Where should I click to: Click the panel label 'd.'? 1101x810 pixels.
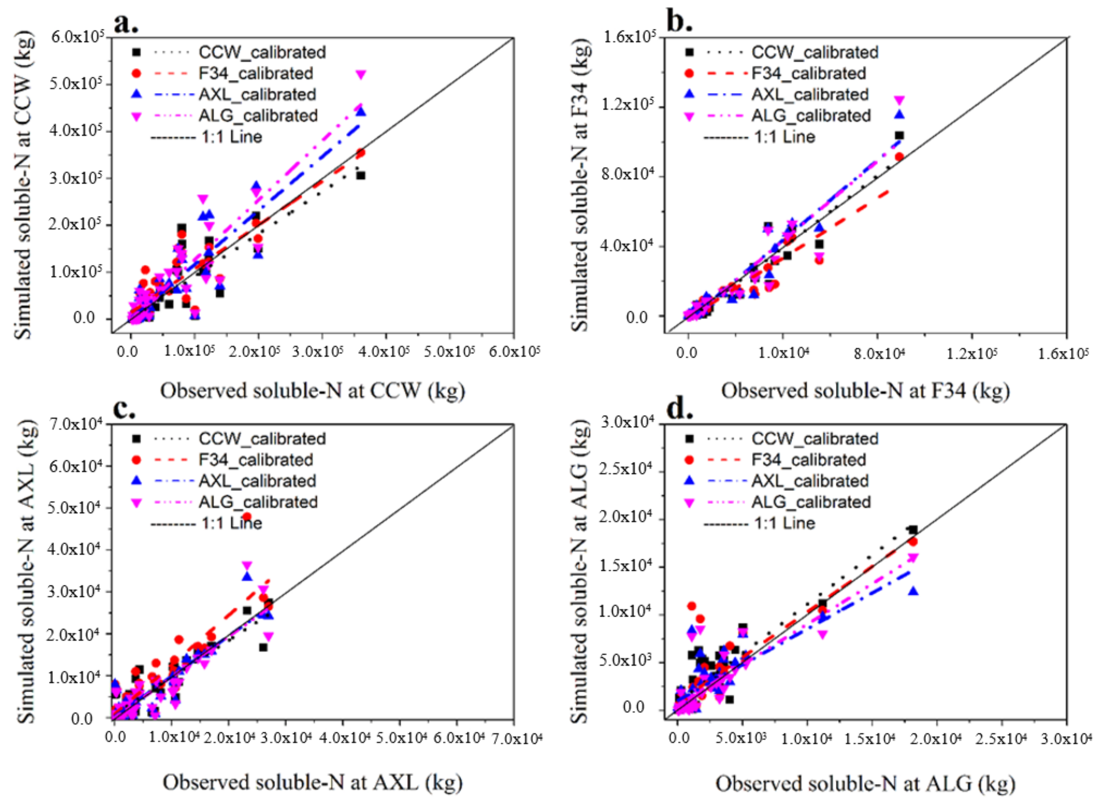click(680, 408)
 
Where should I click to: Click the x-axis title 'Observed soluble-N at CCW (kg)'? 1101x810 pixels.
click(312, 391)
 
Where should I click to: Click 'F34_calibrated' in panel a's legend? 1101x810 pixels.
click(256, 73)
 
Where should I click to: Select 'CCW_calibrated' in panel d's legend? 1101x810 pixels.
click(815, 438)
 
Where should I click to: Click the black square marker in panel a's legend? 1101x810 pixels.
click(137, 52)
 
